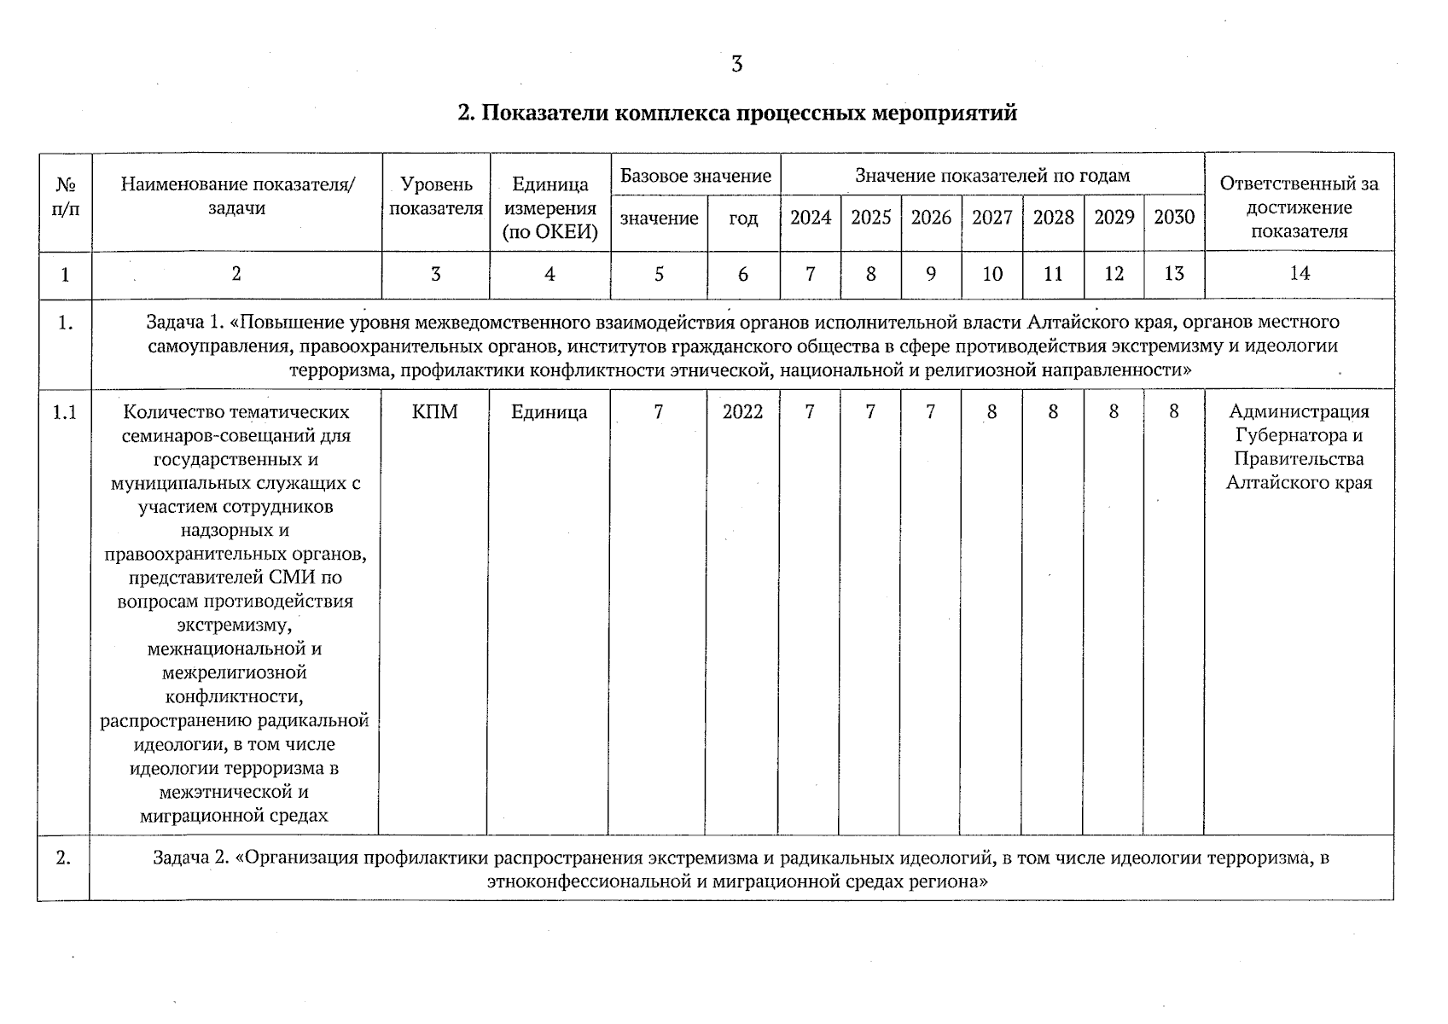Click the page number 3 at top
736,64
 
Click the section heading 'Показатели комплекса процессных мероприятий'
736,113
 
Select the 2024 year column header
810,218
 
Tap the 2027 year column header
992,218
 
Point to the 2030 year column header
1173,218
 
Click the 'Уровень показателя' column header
435,197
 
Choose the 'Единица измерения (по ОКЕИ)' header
550,208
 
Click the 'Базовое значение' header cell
695,176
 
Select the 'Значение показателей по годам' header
992,176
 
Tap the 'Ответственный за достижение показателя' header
1299,207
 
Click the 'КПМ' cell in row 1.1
434,412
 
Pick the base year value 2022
742,412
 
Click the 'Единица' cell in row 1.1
549,412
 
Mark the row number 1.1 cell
65,413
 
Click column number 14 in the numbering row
1299,273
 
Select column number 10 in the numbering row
992,274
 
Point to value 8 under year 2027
992,412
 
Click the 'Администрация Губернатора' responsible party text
1299,423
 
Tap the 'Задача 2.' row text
740,869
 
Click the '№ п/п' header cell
65,197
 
